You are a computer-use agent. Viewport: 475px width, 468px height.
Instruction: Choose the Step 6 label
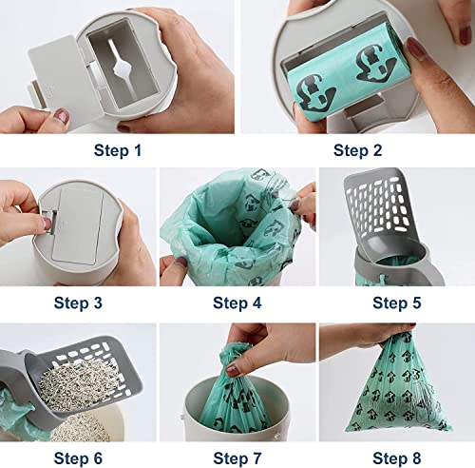[79, 455]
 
